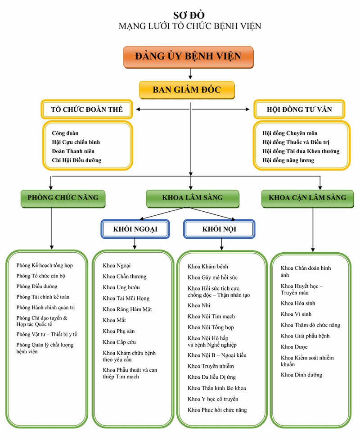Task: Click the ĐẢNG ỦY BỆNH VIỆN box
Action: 188,57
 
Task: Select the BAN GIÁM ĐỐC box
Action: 187,90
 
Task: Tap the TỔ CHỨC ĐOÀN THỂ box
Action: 87,109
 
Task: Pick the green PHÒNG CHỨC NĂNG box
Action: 63,198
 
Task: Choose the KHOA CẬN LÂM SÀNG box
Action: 307,198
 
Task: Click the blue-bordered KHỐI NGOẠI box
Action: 135,229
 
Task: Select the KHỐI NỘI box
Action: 219,229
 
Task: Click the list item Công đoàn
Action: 65,133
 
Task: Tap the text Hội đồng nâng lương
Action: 288,160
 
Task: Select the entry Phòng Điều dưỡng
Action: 37,286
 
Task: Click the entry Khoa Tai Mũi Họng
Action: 126,298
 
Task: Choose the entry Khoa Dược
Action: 294,347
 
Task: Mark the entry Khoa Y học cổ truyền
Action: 213,399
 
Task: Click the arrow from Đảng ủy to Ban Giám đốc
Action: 191,73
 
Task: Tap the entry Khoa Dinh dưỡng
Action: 301,375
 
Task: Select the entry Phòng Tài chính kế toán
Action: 43,297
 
